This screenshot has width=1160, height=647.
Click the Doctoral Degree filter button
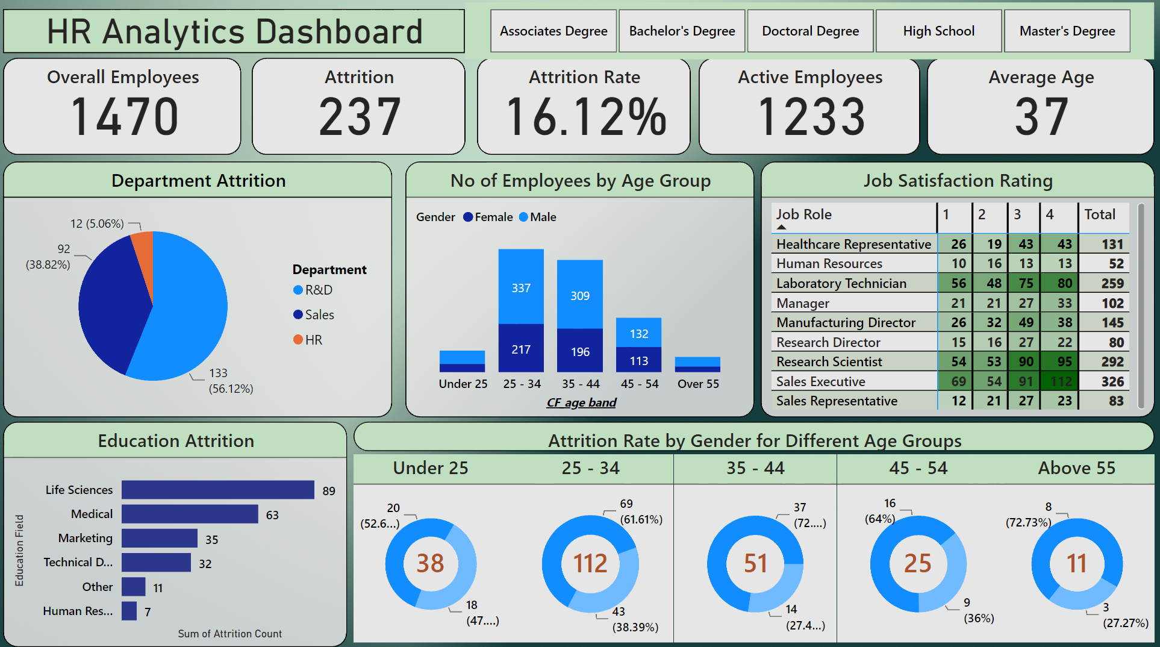click(x=810, y=31)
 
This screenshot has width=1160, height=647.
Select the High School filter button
click(x=938, y=31)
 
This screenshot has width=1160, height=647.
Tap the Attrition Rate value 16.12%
click(x=585, y=116)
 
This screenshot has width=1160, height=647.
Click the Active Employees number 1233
click(x=811, y=116)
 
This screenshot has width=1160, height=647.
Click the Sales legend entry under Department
click(x=319, y=314)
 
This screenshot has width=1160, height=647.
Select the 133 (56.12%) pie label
click(x=229, y=381)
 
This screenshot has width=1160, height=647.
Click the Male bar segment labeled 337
click(x=521, y=287)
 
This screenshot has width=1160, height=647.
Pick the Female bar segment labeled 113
click(x=638, y=360)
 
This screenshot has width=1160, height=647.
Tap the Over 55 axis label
click(x=697, y=384)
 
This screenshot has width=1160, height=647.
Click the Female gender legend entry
click(x=488, y=217)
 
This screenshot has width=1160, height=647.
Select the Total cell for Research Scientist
click(x=1112, y=361)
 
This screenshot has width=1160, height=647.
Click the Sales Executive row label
click(x=820, y=381)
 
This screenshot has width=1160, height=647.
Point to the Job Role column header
click(x=803, y=214)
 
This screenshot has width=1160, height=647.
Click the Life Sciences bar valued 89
click(x=217, y=490)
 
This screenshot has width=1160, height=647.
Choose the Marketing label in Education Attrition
click(x=85, y=538)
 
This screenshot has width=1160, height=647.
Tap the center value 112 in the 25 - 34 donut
click(x=590, y=563)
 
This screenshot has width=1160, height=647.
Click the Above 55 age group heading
click(x=1076, y=468)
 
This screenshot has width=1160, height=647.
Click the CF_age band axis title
click(x=581, y=402)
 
